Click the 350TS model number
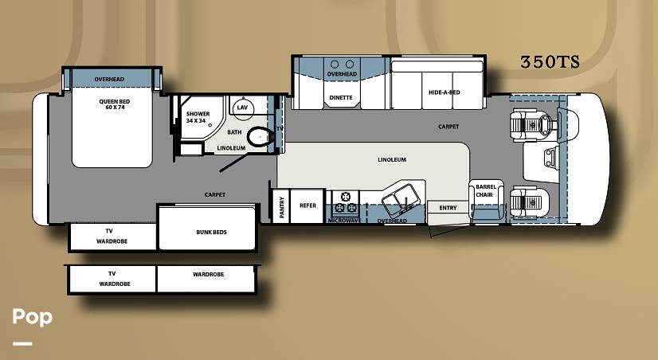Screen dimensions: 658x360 [550, 62]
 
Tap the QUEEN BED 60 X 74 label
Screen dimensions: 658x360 [115, 104]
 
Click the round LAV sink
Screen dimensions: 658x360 [242, 107]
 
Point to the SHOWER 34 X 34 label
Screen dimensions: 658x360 [198, 117]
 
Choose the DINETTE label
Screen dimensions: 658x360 [341, 98]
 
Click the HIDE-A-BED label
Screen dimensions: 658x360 [444, 92]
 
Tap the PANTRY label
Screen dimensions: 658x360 [281, 207]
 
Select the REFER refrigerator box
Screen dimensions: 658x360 [307, 206]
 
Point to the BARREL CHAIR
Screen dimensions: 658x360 [486, 200]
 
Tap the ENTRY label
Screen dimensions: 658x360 [448, 208]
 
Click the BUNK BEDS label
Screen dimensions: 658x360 [212, 232]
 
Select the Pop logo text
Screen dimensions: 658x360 [33, 317]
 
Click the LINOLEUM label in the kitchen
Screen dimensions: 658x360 [391, 159]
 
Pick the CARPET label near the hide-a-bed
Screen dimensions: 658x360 [448, 127]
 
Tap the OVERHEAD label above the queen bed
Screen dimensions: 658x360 [109, 79]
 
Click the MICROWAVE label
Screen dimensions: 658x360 [344, 221]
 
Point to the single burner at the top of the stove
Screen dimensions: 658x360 [346, 197]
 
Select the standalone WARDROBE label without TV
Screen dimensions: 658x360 [208, 275]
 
